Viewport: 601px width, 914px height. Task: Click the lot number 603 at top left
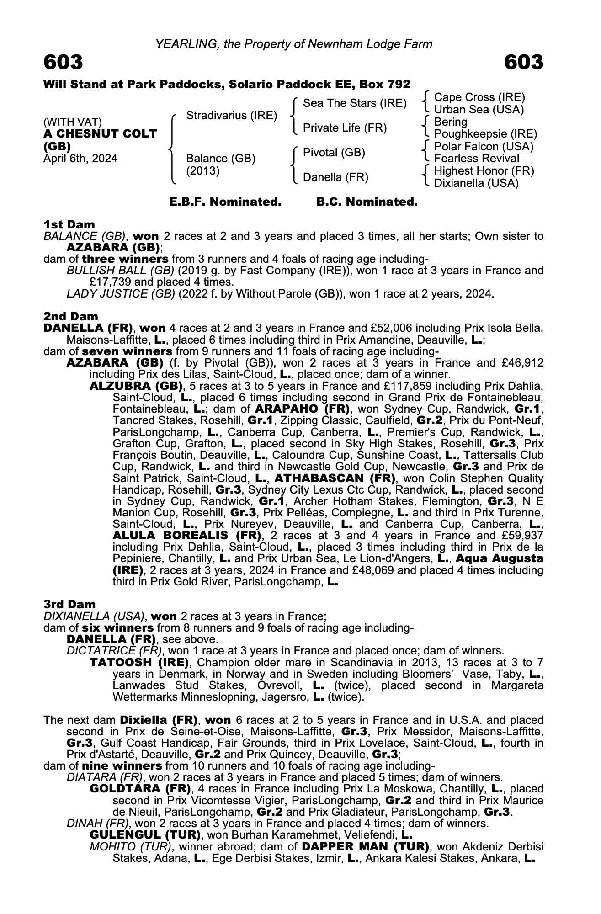coord(63,62)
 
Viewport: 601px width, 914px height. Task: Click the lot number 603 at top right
coord(524,62)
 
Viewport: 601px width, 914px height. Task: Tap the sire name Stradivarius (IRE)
coord(232,115)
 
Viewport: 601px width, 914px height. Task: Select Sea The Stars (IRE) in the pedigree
coord(355,103)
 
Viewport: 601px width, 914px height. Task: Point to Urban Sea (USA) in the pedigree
coord(479,110)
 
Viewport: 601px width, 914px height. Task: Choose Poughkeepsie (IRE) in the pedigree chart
coord(485,134)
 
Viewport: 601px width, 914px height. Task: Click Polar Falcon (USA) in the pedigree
coord(484,147)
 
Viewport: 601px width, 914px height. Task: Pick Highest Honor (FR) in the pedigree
coord(484,171)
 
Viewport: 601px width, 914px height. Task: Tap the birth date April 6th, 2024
coord(80,159)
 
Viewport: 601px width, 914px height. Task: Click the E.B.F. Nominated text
coord(225,202)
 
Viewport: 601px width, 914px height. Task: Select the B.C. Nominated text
coord(367,202)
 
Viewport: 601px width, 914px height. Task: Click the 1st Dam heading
coord(69,224)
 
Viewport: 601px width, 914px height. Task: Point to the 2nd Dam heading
coord(70,316)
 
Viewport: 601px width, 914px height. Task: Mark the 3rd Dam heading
coord(69,605)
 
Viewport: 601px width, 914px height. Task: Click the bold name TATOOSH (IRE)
coord(139,662)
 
